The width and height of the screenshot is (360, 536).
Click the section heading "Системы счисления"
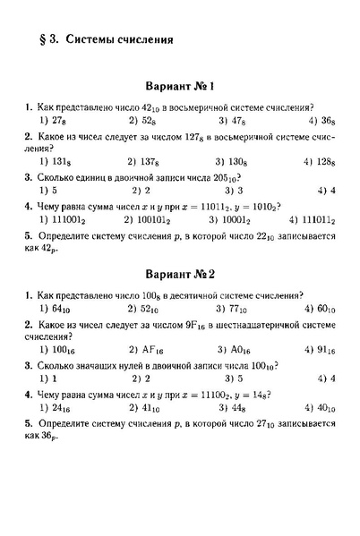point(120,39)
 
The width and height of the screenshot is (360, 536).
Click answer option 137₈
point(150,161)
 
